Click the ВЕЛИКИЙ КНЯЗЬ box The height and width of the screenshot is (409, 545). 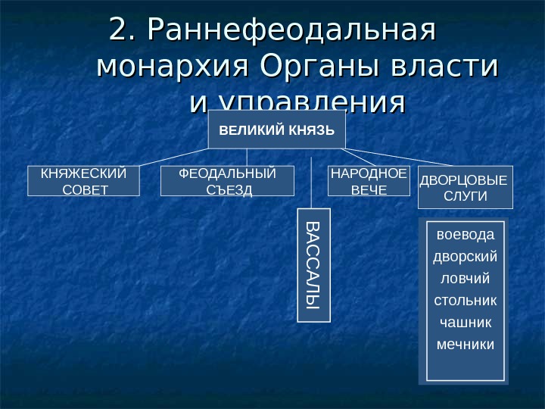pyautogui.click(x=276, y=130)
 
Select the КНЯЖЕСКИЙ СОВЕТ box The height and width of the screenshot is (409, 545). pyautogui.click(x=84, y=181)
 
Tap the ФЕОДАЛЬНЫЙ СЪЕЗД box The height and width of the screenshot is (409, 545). pyautogui.click(x=227, y=181)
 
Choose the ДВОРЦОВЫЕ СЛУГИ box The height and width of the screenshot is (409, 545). pyautogui.click(x=466, y=187)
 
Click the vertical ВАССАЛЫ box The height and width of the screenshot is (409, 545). pyautogui.click(x=313, y=264)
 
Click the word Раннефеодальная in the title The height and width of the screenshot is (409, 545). pyautogui.click(x=293, y=30)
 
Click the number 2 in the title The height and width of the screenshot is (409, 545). pyautogui.click(x=120, y=30)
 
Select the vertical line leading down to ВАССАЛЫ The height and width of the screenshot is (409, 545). pyautogui.click(x=312, y=182)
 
